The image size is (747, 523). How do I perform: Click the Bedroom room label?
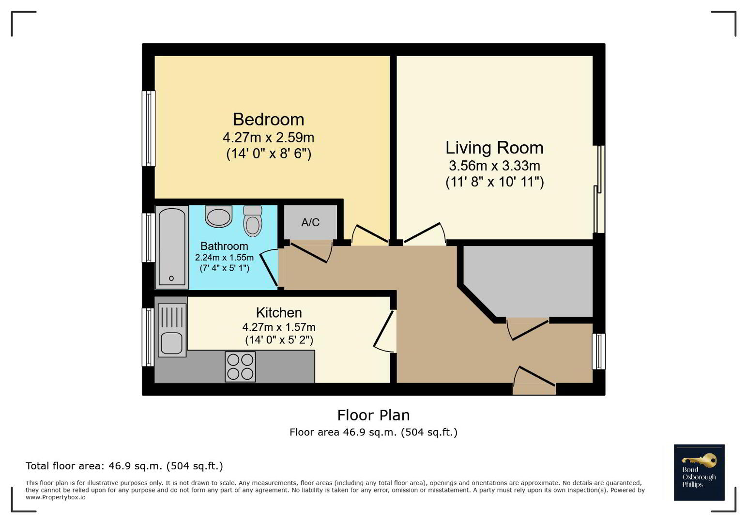(x=269, y=120)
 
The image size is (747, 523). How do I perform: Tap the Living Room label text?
(x=495, y=148)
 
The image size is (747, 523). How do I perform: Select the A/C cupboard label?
(x=310, y=222)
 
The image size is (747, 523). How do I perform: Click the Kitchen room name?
(x=279, y=312)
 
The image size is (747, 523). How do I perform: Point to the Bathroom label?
(x=224, y=246)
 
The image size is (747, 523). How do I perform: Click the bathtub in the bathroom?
(x=172, y=247)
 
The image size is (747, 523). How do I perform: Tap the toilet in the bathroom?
(x=252, y=221)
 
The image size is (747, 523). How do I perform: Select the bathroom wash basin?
(x=218, y=216)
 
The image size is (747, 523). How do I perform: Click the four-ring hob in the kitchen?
(x=240, y=367)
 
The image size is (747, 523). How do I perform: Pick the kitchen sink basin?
(x=172, y=343)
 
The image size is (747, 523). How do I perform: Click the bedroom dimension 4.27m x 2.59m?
(x=269, y=138)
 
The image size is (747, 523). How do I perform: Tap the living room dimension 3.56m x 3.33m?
(x=495, y=166)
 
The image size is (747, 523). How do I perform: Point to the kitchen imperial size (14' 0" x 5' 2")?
(x=279, y=340)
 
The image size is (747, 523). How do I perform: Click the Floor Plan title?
(x=374, y=415)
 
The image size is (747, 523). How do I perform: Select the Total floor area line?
(x=124, y=466)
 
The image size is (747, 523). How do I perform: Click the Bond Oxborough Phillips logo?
(x=699, y=472)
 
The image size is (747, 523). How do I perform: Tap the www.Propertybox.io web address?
(x=56, y=497)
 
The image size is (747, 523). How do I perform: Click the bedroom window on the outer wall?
(x=149, y=128)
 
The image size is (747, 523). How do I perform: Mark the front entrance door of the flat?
(x=534, y=381)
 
